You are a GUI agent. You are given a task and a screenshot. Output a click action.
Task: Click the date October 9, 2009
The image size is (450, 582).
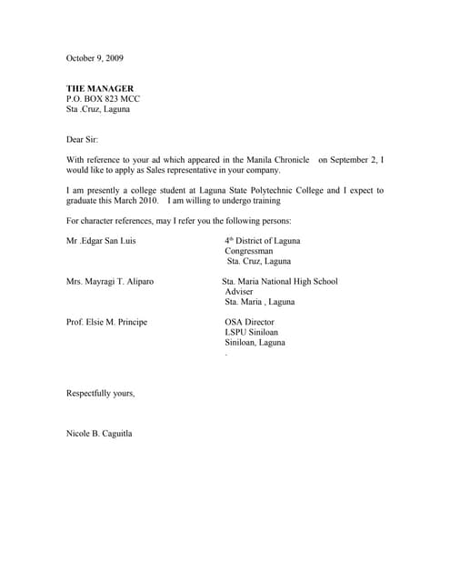click(95, 57)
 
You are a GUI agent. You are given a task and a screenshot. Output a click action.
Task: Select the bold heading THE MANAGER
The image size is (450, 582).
click(99, 88)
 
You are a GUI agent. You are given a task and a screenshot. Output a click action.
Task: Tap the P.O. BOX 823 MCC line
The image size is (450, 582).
click(103, 98)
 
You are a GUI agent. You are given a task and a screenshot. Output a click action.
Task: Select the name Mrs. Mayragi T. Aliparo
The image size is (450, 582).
click(110, 282)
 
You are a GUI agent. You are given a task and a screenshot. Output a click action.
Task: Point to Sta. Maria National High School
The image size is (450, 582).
click(280, 282)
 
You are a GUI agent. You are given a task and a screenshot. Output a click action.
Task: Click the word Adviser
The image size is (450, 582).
click(240, 292)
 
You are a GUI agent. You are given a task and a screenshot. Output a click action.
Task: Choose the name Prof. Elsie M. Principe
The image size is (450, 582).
click(106, 323)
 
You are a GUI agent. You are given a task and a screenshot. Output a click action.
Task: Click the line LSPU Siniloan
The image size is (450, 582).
click(251, 333)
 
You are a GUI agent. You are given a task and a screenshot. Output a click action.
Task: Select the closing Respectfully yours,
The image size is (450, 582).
click(101, 393)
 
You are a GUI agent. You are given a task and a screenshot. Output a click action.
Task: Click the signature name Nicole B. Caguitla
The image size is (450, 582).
click(99, 434)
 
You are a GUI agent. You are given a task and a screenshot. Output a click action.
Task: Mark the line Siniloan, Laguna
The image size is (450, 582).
click(255, 343)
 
